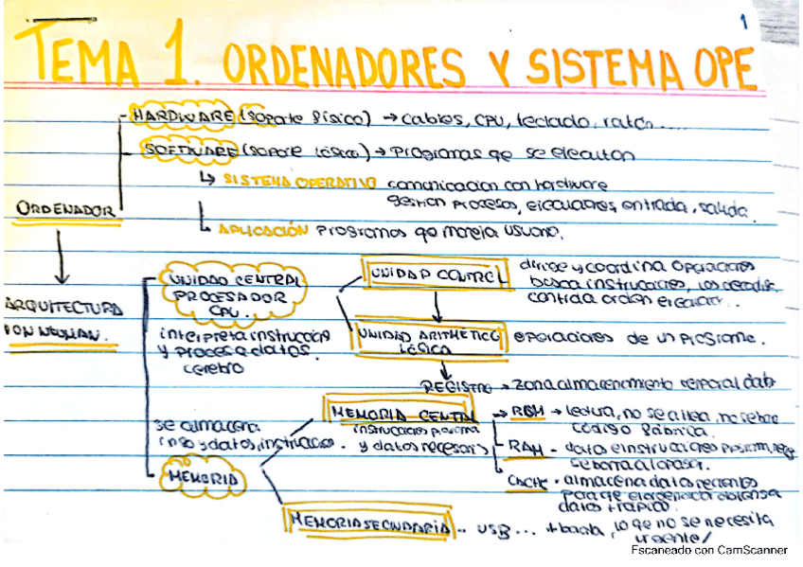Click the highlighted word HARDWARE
(184, 115)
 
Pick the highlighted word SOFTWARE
(188, 150)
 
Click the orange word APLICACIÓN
(263, 230)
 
